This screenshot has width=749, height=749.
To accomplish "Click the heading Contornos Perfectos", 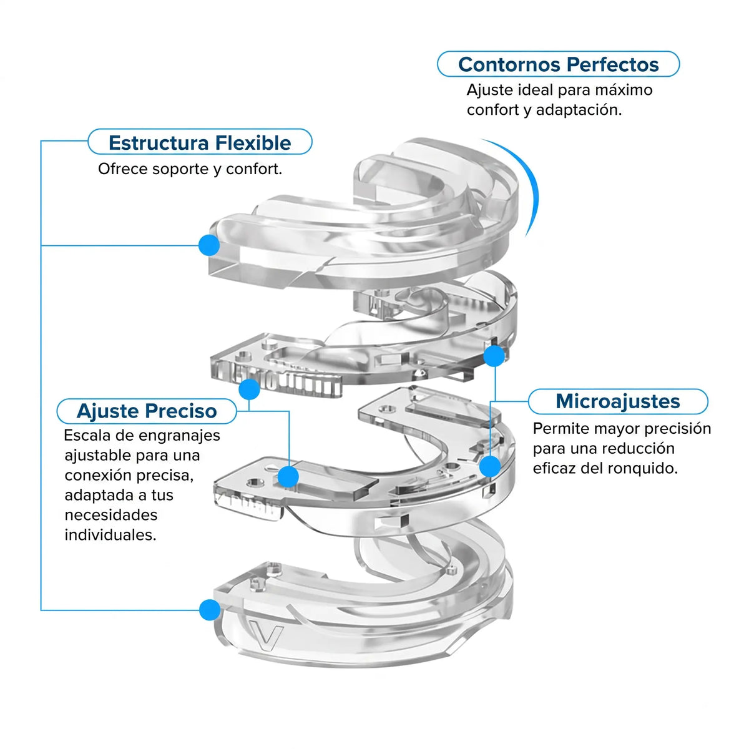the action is click(x=558, y=64).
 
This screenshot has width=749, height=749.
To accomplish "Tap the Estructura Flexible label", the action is click(x=200, y=143).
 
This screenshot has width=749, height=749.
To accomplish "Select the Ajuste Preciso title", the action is click(x=147, y=411).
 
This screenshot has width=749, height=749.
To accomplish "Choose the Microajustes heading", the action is click(x=618, y=401).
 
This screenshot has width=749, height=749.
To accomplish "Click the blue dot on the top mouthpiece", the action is click(x=209, y=245).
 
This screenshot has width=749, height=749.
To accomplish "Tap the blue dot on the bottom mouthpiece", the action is click(x=210, y=610).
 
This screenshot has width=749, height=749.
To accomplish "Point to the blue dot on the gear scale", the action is click(x=249, y=389).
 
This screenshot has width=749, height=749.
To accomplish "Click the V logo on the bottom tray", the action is click(x=266, y=636).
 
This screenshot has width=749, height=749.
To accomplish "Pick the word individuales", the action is click(x=110, y=535).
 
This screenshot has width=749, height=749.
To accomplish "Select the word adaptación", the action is click(x=579, y=110).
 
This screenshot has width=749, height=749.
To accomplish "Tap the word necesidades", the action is click(x=111, y=515).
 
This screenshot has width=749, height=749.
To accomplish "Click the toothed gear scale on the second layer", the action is click(x=277, y=379).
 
